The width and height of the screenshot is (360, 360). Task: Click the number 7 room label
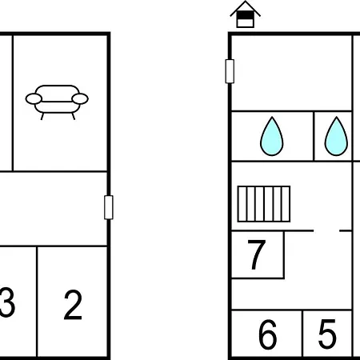tap(257, 254)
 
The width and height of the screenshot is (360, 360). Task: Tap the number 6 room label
tap(267, 334)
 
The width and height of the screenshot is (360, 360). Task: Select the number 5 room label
tap(327, 334)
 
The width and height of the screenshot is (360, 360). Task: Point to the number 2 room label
tap(73, 305)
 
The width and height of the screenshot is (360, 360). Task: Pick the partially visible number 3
tap(7, 302)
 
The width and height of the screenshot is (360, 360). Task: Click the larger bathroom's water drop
tap(272, 136)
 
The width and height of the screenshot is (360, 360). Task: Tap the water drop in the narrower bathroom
tap(336, 136)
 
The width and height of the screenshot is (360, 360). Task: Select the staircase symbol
tap(264, 204)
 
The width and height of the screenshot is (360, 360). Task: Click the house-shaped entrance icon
tap(246, 14)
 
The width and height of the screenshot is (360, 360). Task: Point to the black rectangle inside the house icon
tap(246, 15)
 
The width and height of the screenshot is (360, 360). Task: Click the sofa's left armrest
tap(34, 98)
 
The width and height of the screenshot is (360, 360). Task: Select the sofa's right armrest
tap(80, 98)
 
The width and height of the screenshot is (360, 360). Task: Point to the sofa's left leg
tap(42, 116)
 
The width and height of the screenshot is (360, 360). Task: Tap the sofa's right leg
tap(74, 116)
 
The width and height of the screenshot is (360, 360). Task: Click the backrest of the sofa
tap(57, 90)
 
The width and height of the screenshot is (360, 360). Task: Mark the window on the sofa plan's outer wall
tap(109, 207)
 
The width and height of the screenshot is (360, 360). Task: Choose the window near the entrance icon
tap(230, 71)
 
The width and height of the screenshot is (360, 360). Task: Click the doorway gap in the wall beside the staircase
tap(326, 230)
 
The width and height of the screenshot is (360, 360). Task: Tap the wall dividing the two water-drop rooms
tap(314, 136)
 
